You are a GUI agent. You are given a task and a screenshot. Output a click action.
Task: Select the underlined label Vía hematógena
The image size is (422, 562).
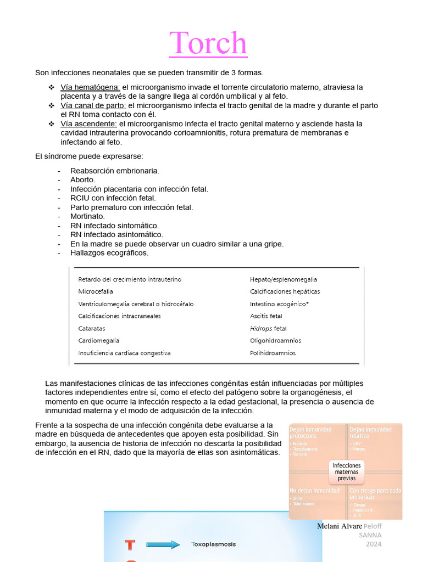pos(90,87)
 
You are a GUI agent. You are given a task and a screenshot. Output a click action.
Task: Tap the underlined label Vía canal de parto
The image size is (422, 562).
pos(93,105)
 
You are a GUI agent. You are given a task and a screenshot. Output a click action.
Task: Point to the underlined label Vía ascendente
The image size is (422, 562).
pos(88,124)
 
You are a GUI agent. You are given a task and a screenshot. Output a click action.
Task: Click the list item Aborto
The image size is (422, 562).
pos(82,180)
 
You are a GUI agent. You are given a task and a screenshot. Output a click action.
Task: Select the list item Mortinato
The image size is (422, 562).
pos(87,217)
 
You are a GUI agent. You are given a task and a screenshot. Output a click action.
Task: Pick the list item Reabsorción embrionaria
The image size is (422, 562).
pos(114,171)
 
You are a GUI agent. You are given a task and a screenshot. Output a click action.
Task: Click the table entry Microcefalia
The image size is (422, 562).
pos(96,291)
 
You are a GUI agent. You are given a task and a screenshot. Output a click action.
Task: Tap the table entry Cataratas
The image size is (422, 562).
pos(92,328)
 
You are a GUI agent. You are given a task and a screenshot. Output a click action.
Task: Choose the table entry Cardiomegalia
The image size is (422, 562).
pos(98,341)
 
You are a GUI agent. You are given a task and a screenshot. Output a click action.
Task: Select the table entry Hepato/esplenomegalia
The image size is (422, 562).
pos(283,279)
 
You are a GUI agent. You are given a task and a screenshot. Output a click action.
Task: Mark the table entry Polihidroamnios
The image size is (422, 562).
pos(273,353)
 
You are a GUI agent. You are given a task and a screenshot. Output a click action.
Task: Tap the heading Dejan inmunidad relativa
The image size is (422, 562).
pos(370,432)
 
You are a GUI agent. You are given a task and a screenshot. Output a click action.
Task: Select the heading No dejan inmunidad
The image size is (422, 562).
pos(314,491)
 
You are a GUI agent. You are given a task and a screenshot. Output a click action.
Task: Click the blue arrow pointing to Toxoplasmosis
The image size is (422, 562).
pos(164,545)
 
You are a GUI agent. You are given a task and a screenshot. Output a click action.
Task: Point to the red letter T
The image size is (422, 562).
pos(130,545)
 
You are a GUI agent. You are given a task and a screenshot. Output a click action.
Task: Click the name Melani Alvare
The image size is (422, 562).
pos(340,526)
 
